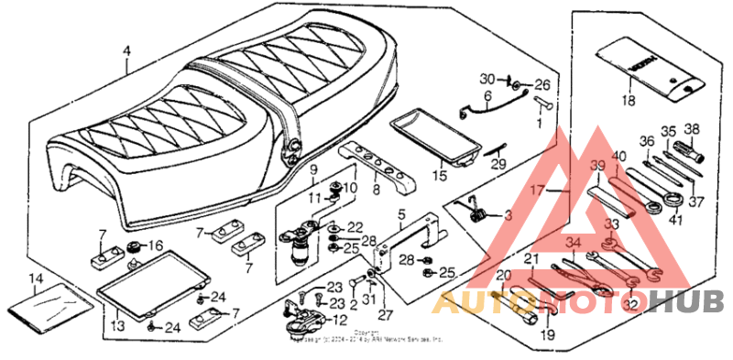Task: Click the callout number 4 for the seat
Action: point(127,51)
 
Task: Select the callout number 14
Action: point(35,278)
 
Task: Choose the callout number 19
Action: point(547,334)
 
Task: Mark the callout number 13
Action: point(117,325)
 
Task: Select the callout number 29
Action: point(498,164)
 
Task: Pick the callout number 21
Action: point(530,260)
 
